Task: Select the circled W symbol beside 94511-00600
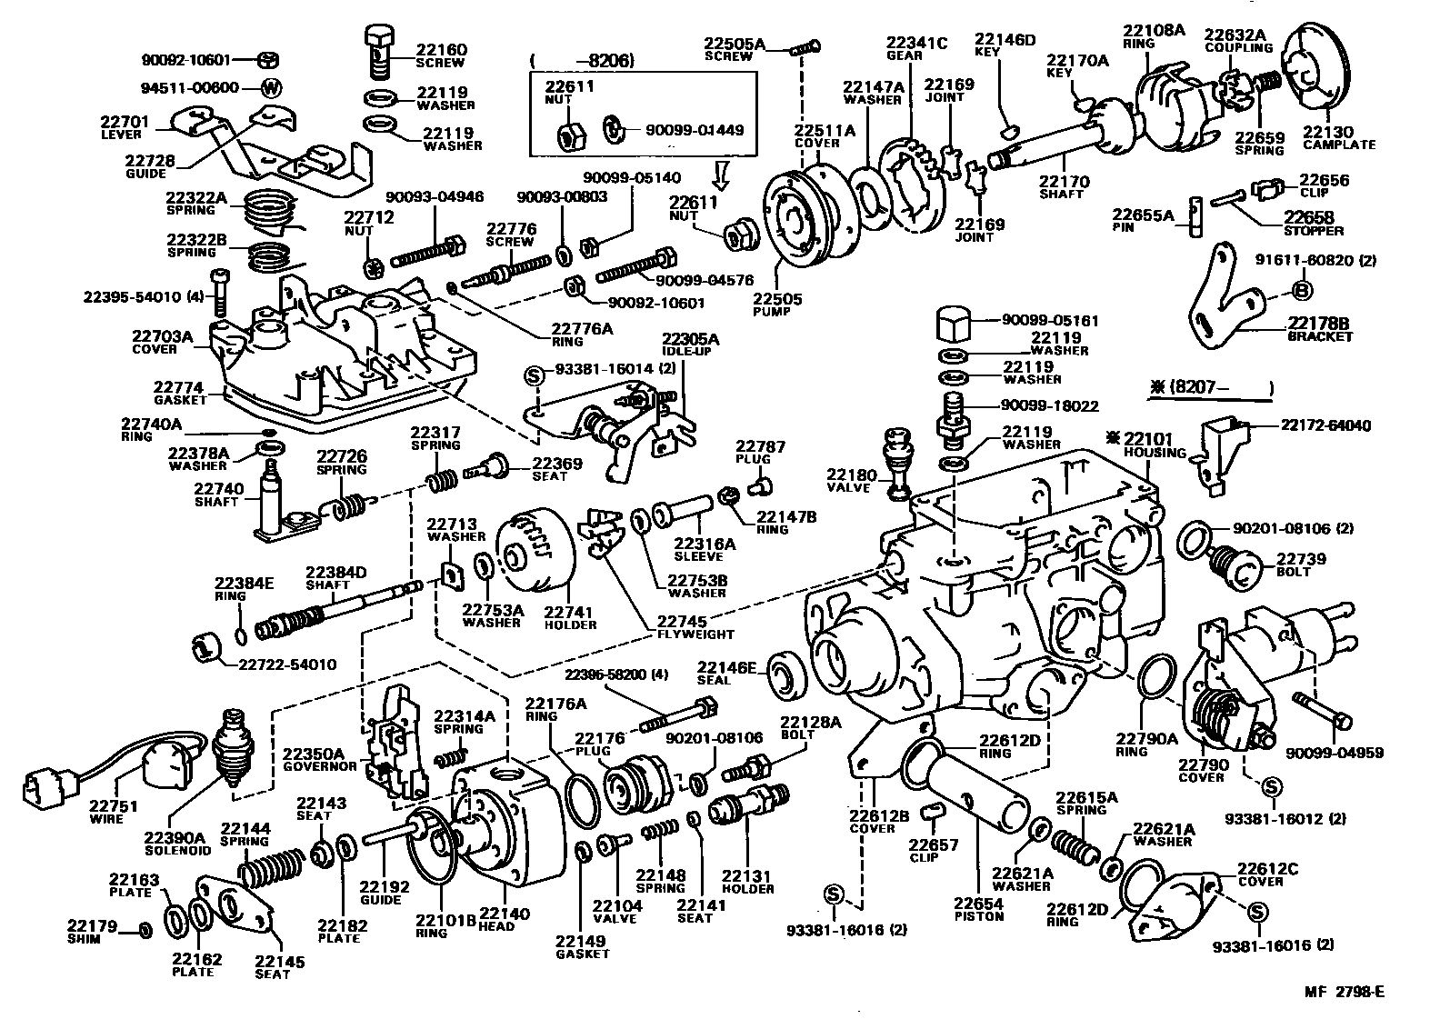271,88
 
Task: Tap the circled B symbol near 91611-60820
1301,291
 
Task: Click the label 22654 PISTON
978,909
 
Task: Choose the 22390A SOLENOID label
178,844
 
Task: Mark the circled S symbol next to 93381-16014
535,375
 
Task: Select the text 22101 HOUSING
1152,445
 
